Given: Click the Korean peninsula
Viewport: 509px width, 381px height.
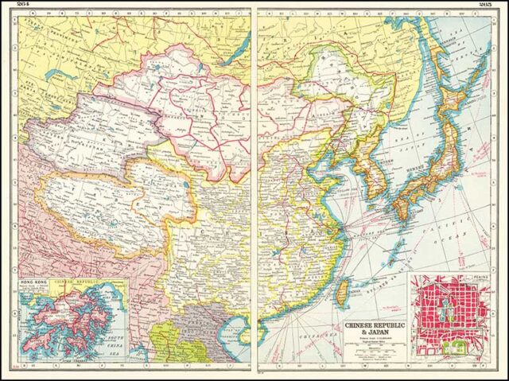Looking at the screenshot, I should pyautogui.click(x=366, y=171).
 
